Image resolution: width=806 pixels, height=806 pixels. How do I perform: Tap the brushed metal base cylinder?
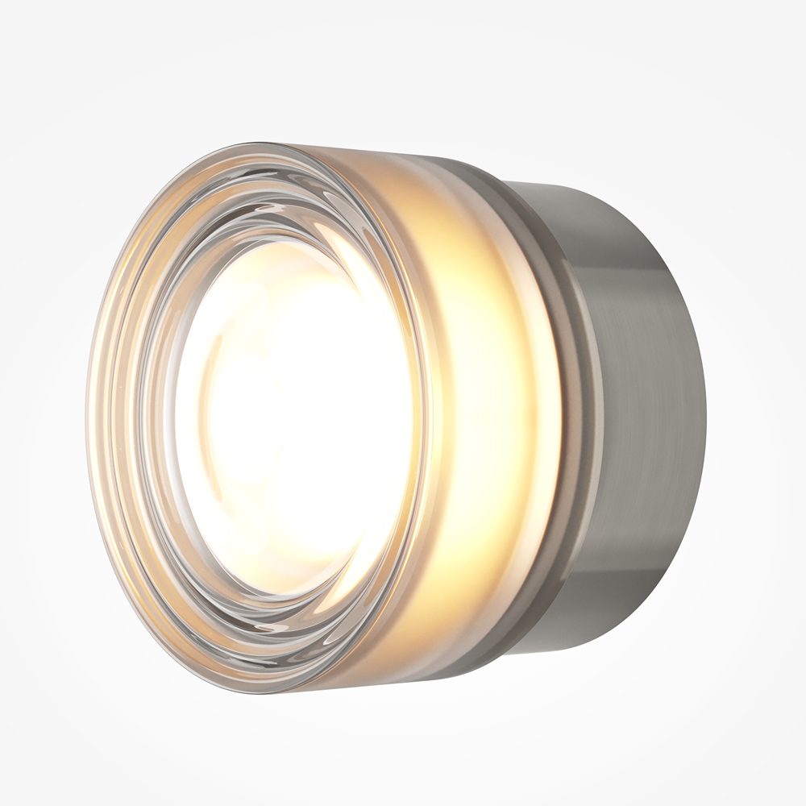[645, 403]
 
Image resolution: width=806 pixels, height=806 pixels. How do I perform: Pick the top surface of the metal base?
[588, 193]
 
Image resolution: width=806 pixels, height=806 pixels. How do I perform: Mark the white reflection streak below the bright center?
[298, 613]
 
